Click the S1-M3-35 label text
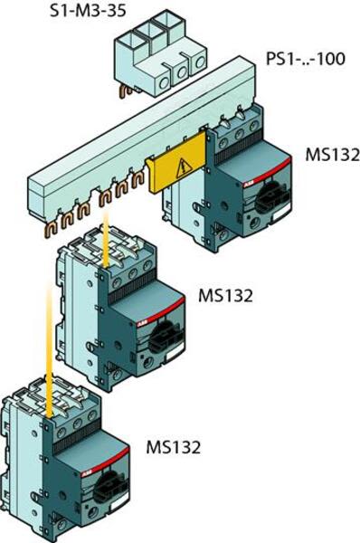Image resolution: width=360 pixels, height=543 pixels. point(86,12)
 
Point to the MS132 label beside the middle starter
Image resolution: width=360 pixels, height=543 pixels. point(224,296)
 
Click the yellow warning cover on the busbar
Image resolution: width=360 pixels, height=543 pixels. point(179,170)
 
